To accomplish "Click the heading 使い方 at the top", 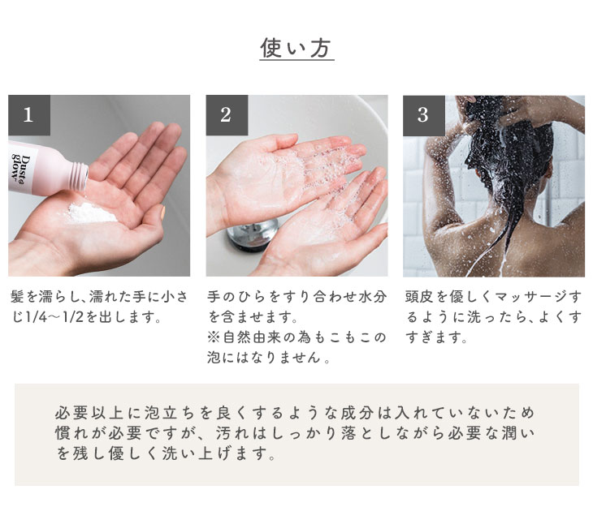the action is coord(296,48).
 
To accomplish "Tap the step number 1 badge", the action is coord(29,115).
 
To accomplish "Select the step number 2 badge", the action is coord(227,115).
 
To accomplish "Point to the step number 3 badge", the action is coord(424,115).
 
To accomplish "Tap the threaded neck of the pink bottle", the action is coord(80,176).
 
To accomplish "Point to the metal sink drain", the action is coord(253,234).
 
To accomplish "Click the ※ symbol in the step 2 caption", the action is coord(214,337).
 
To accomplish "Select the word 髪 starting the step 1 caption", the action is coord(17,297).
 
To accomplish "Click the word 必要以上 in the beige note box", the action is coord(90,413).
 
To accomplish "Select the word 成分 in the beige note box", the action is coord(357,413).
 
